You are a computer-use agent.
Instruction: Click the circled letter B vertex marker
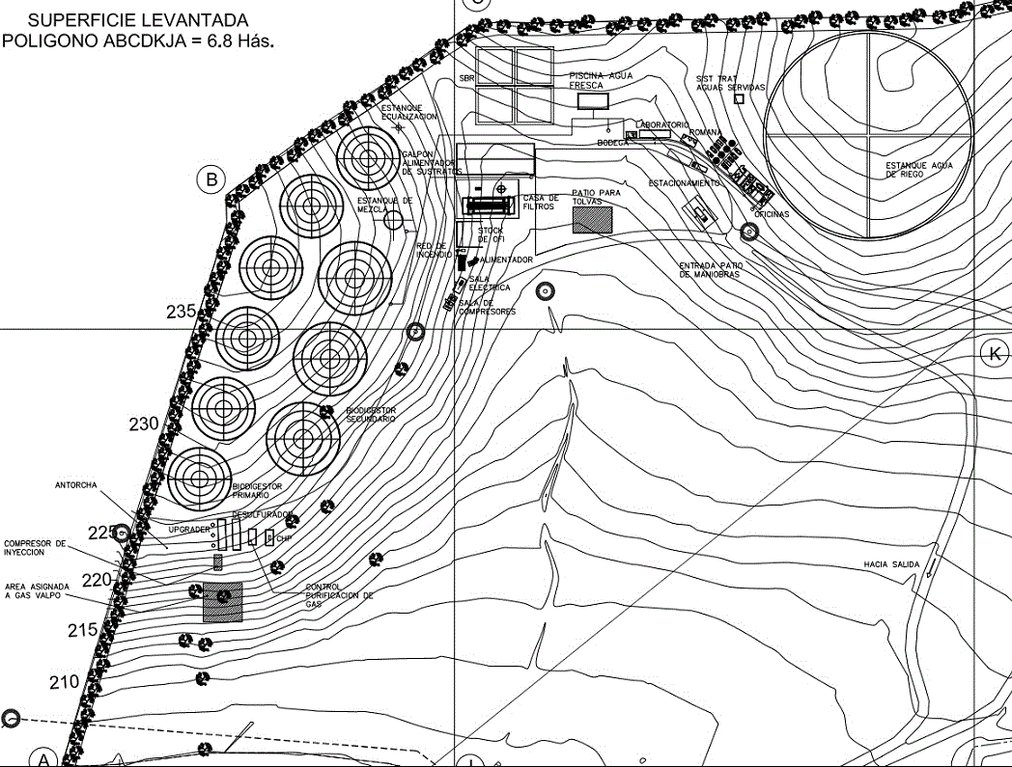[x=211, y=178]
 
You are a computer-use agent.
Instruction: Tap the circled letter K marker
[x=993, y=354]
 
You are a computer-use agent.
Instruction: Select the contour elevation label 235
[x=181, y=312]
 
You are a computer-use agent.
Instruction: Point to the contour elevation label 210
[x=64, y=682]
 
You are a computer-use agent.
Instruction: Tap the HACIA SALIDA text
[x=890, y=565]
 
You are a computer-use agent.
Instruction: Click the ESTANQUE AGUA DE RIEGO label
[x=919, y=170]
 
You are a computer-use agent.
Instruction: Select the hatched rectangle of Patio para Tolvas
[x=592, y=220]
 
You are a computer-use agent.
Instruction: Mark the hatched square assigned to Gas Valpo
[x=223, y=601]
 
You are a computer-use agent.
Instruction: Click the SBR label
[x=467, y=78]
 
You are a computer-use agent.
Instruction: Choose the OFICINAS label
[x=772, y=213]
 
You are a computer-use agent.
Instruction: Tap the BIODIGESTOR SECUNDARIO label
[x=371, y=415]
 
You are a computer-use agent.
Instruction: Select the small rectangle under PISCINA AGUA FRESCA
[x=590, y=99]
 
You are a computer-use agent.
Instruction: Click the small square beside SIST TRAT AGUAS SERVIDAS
[x=740, y=97]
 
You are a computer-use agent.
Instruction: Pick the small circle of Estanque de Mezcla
[x=393, y=220]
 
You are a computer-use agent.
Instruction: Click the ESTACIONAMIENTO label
[x=684, y=182]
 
